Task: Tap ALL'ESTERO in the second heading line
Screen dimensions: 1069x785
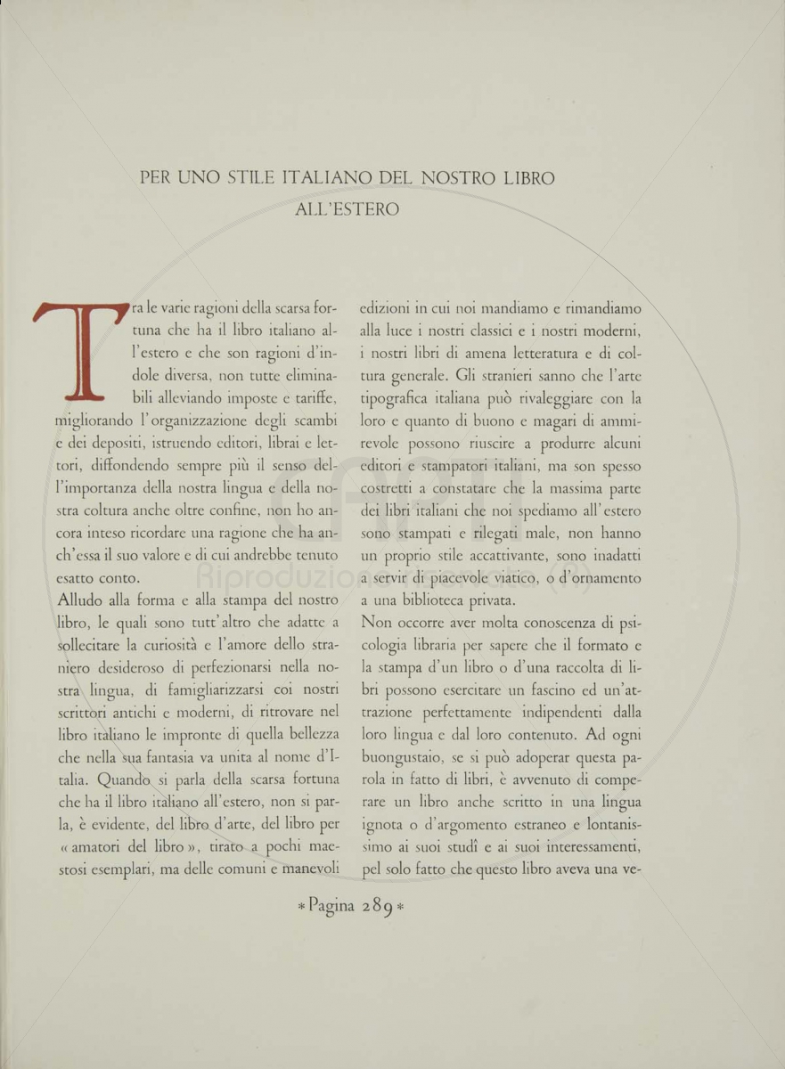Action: click(348, 210)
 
